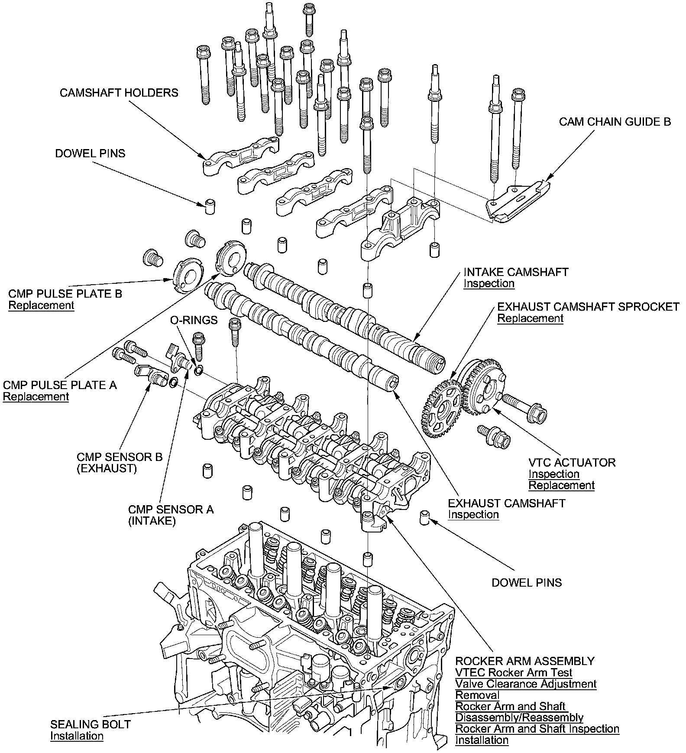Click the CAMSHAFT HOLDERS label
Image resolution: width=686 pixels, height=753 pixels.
119,93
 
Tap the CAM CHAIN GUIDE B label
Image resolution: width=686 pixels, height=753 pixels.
615,122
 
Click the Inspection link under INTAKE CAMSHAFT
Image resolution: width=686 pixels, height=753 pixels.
489,284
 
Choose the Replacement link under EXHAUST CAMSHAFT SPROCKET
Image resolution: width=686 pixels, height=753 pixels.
530,318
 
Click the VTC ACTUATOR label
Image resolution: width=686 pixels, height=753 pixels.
572,462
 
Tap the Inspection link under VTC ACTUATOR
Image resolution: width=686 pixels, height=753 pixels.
553,474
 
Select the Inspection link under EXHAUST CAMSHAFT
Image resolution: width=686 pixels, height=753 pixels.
473,515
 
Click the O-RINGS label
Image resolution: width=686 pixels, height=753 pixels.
194,320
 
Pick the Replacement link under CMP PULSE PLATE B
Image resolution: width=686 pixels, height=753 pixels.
42,305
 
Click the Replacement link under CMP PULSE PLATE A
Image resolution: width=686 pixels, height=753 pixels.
36,397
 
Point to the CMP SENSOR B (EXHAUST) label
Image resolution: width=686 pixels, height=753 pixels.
120,463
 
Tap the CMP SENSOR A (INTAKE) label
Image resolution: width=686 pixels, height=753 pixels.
171,515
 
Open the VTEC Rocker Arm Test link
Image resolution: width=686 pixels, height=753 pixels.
514,673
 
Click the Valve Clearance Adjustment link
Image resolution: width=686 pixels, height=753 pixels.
526,684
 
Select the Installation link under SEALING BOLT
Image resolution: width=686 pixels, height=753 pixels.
77,736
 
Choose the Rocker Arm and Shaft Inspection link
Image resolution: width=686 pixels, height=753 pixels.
537,729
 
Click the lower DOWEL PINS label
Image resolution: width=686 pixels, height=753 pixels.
527,583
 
